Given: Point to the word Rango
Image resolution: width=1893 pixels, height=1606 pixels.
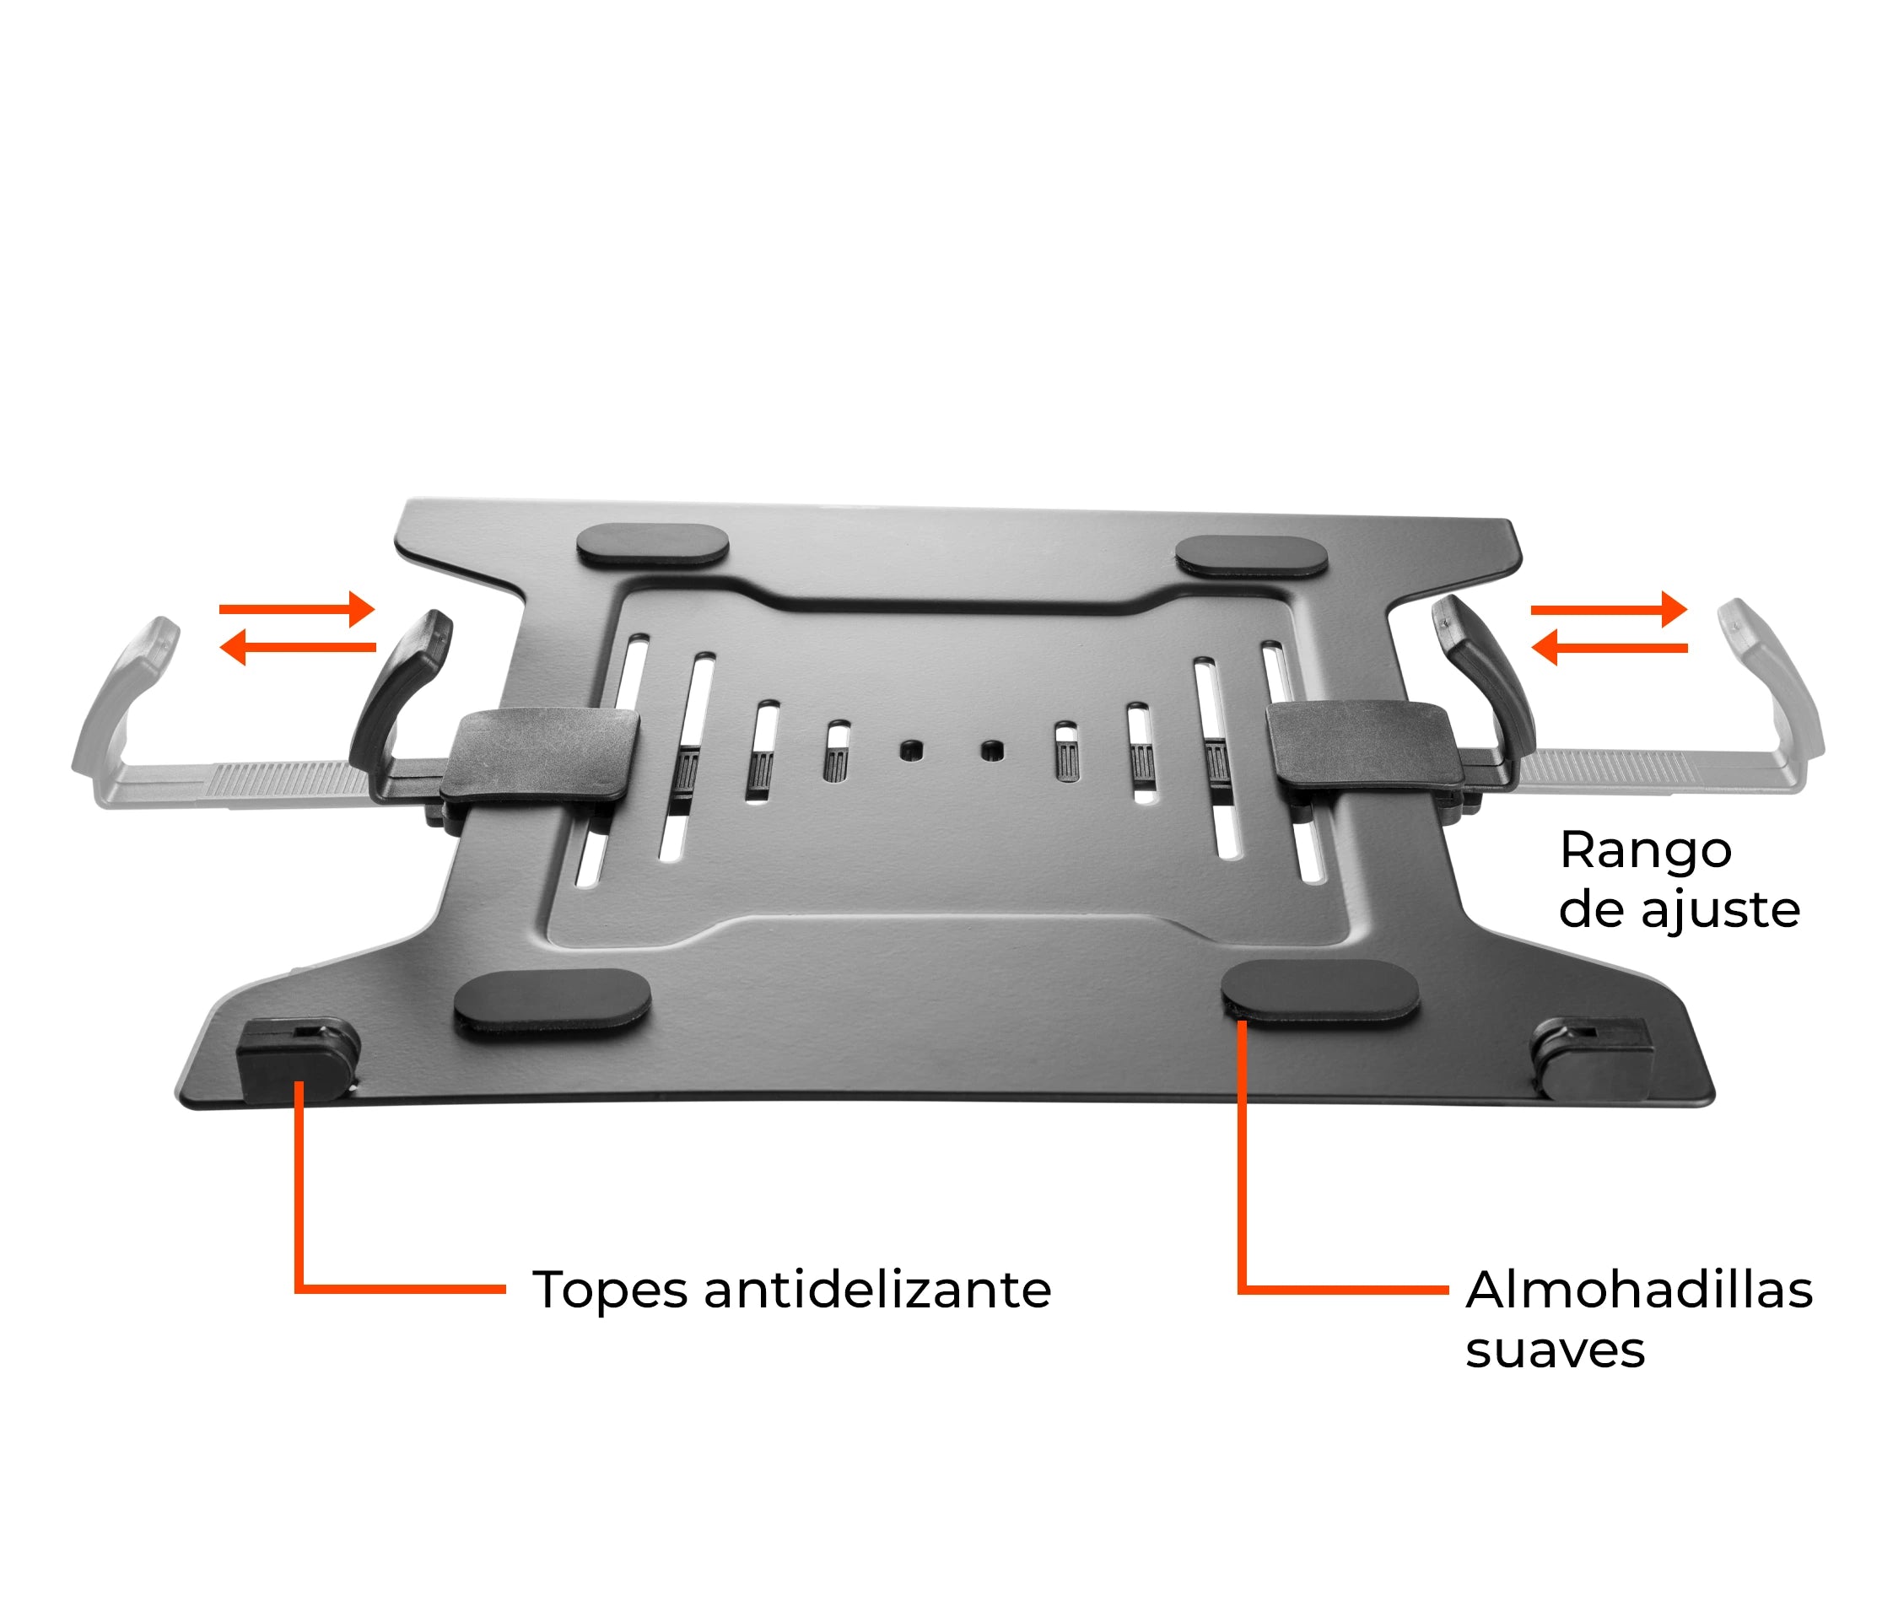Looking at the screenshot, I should pyautogui.click(x=1644, y=851).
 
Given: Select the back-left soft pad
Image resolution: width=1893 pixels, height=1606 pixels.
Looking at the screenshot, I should pyautogui.click(x=652, y=544).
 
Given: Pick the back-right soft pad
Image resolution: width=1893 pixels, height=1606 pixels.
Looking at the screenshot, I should pyautogui.click(x=1251, y=555).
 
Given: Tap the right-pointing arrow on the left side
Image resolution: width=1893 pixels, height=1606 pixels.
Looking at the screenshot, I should pyautogui.click(x=298, y=608).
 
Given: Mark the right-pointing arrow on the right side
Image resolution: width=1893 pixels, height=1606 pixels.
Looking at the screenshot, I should pyautogui.click(x=1608, y=608).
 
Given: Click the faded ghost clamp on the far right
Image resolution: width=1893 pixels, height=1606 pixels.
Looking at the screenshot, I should pyautogui.click(x=1771, y=701).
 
